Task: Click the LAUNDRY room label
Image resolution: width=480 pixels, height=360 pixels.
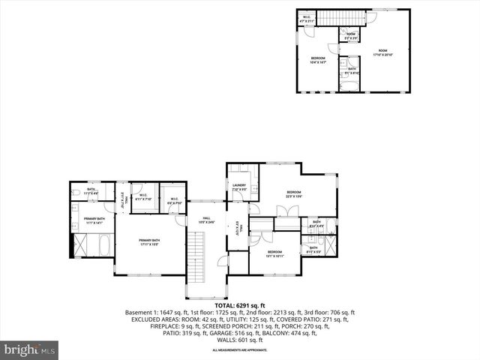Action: point(239,187)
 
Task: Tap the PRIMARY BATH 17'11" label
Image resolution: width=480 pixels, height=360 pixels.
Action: point(150,242)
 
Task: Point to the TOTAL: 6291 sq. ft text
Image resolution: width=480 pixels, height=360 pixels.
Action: point(239,306)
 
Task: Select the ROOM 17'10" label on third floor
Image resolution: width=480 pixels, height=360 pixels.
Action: point(383,52)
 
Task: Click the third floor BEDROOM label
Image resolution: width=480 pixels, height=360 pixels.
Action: point(319,60)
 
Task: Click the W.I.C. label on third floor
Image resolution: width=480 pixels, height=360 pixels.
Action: point(307,19)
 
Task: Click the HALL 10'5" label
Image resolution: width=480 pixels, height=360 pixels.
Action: point(205,221)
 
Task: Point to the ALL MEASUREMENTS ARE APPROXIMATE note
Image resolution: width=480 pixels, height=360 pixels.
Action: point(239,350)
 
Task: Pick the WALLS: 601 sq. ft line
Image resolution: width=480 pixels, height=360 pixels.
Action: point(239,340)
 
